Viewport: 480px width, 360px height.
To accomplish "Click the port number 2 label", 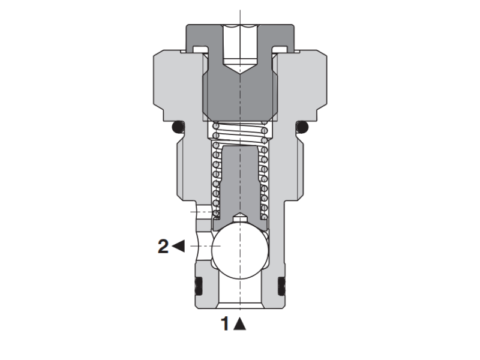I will coord(163,246).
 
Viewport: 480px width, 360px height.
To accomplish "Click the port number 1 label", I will coord(226,324).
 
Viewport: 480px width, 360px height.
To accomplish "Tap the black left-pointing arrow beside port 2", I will coord(178,246).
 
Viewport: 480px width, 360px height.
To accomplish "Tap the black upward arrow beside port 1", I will coord(240,324).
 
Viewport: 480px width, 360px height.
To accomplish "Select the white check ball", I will coord(239,247).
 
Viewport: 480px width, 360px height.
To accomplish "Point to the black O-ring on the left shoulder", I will coord(177,127).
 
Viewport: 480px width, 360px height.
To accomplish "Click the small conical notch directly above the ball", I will coord(239,217).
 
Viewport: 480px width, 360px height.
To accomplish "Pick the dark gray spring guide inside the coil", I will coord(239,180).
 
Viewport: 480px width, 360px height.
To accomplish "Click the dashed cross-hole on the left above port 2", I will coord(203,212).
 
